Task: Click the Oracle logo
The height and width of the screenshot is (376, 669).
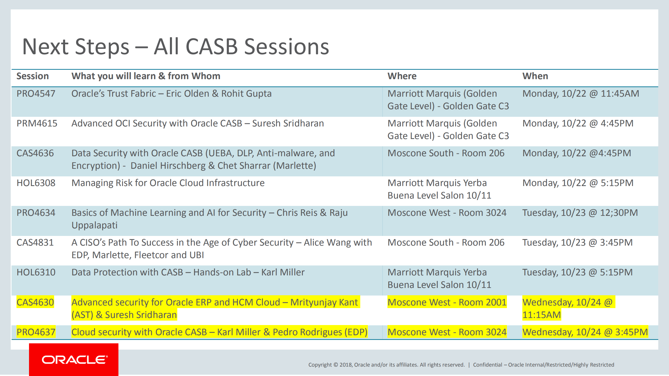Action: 74,360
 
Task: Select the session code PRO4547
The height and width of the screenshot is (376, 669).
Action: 36,94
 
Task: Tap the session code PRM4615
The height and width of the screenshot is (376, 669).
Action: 37,123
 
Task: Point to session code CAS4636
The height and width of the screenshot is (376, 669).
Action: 35,153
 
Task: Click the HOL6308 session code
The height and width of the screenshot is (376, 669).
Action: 36,183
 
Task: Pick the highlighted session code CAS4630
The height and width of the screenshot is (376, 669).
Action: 35,302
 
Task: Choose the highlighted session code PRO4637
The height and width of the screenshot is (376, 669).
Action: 36,332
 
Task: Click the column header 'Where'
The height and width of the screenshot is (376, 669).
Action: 402,76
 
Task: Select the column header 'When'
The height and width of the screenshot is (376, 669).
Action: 535,76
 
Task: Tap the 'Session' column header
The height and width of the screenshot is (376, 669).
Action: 33,76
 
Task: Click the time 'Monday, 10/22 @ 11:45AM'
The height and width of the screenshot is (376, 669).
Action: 581,94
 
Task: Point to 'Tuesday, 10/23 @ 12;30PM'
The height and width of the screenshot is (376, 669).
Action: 580,213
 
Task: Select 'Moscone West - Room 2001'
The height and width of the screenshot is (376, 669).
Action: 447,302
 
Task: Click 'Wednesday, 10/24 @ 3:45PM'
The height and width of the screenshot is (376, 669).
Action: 585,332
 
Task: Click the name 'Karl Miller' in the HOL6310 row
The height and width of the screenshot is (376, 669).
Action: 283,272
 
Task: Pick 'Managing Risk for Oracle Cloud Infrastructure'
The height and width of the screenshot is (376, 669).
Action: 168,183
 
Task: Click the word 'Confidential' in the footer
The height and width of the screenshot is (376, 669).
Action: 487,365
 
